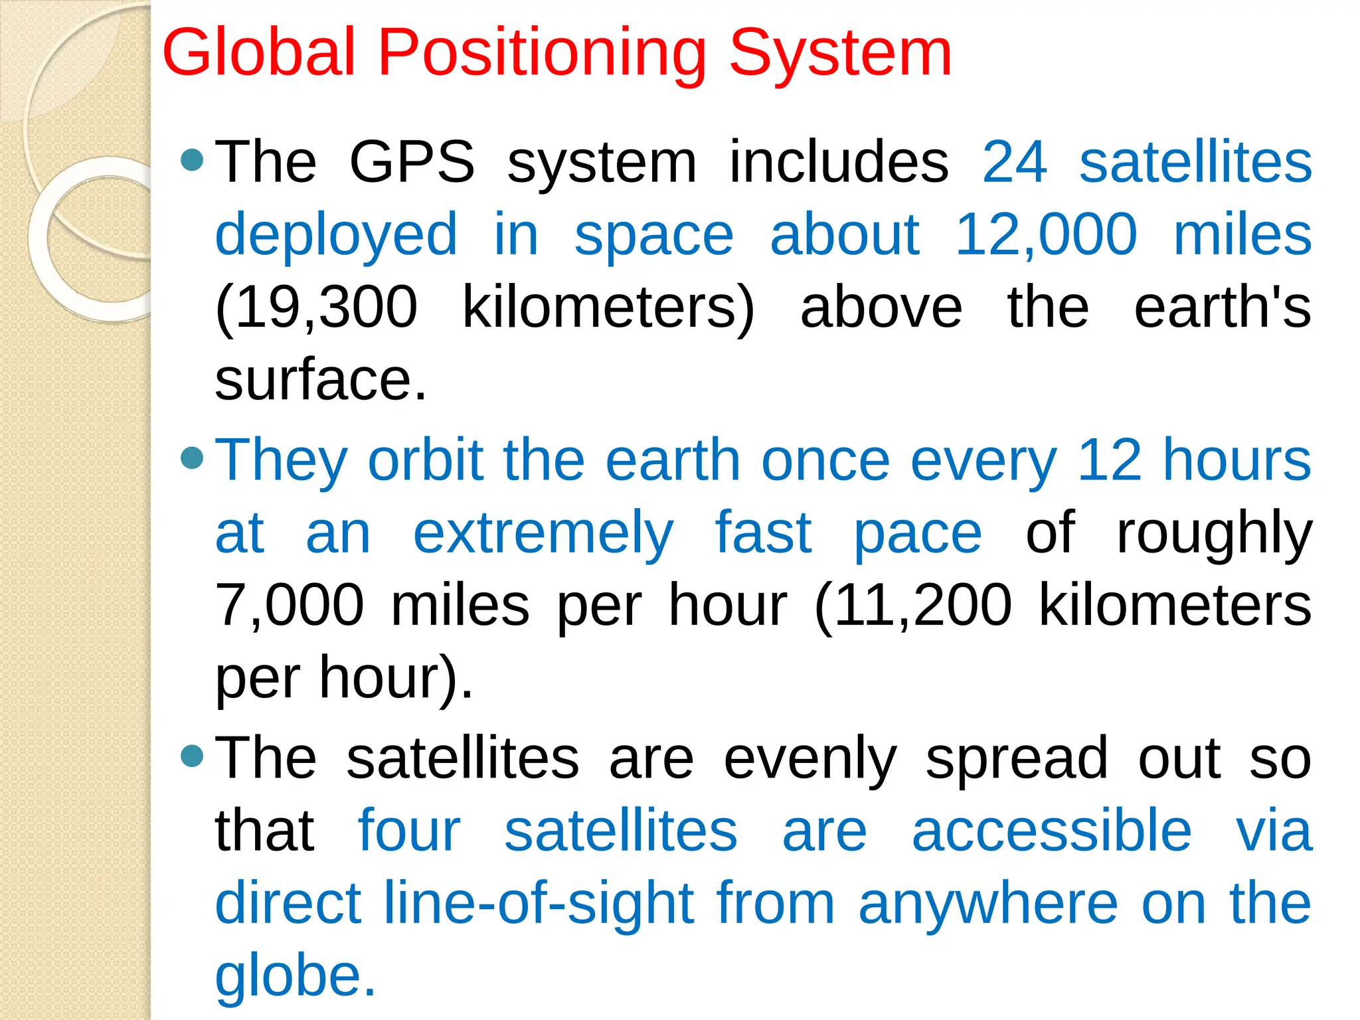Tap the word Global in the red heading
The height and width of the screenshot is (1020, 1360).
click(259, 53)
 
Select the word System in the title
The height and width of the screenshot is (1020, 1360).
click(840, 53)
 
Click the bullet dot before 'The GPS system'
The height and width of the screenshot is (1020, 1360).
click(192, 160)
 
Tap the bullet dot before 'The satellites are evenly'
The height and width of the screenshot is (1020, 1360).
click(192, 756)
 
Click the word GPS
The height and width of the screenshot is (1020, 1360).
click(412, 162)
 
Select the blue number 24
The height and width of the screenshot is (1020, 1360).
click(1014, 162)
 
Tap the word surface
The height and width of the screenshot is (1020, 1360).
click(320, 380)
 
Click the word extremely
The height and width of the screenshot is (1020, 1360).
click(543, 535)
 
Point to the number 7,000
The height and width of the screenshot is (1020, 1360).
click(290, 606)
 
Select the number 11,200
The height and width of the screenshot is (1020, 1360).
click(922, 606)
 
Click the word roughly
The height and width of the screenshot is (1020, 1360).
click(1214, 535)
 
